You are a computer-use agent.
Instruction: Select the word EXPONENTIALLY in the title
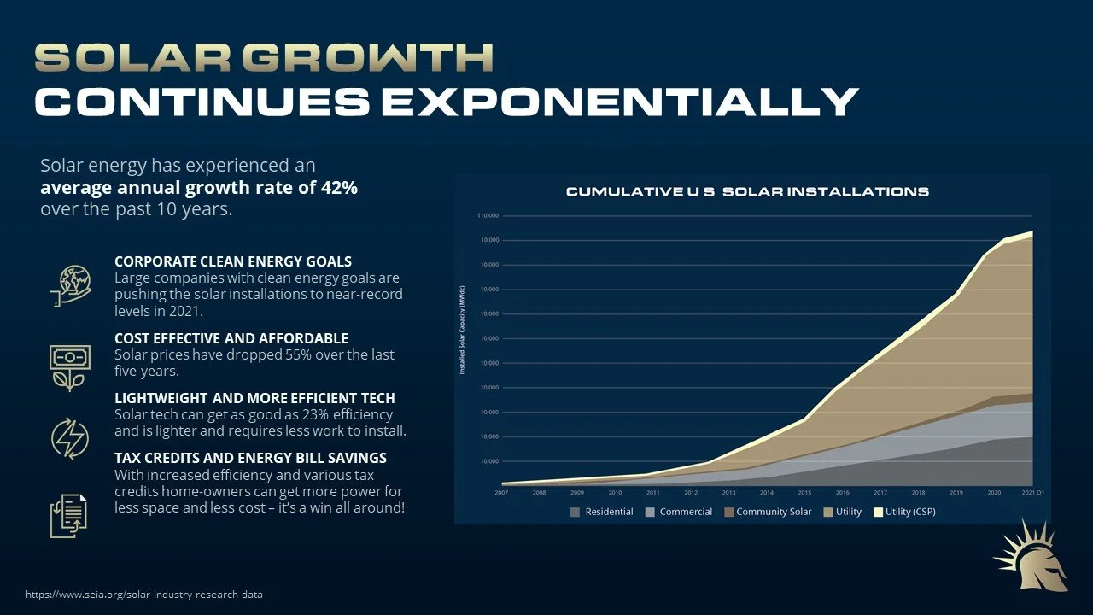[x=619, y=102]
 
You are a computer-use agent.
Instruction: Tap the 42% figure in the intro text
[x=338, y=188]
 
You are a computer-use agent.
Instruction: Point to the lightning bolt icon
[x=69, y=438]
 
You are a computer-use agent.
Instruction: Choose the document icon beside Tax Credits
[x=69, y=515]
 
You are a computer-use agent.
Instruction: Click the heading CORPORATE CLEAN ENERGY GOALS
[x=233, y=261]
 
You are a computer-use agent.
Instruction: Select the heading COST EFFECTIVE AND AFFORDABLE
[x=231, y=338]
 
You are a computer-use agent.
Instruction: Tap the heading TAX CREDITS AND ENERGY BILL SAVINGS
[x=250, y=458]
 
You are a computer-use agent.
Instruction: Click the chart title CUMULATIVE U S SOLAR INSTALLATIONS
[x=747, y=191]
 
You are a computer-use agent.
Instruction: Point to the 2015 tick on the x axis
[x=804, y=493]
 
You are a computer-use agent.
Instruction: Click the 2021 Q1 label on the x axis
[x=1032, y=493]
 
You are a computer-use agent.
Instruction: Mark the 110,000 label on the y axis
[x=488, y=215]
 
